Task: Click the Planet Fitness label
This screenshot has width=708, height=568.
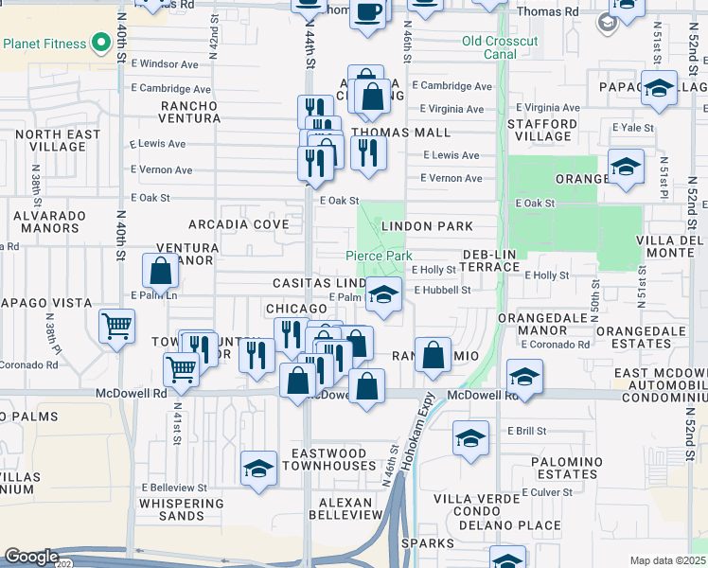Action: click(x=44, y=44)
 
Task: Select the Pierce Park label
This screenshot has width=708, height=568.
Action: click(x=378, y=257)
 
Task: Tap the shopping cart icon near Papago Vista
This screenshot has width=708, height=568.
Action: click(x=116, y=327)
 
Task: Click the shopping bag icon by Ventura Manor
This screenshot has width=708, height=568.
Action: click(x=161, y=271)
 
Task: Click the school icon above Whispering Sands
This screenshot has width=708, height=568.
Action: click(x=258, y=469)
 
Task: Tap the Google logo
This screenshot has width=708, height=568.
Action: click(x=31, y=557)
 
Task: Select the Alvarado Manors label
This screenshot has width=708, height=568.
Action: click(x=47, y=222)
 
